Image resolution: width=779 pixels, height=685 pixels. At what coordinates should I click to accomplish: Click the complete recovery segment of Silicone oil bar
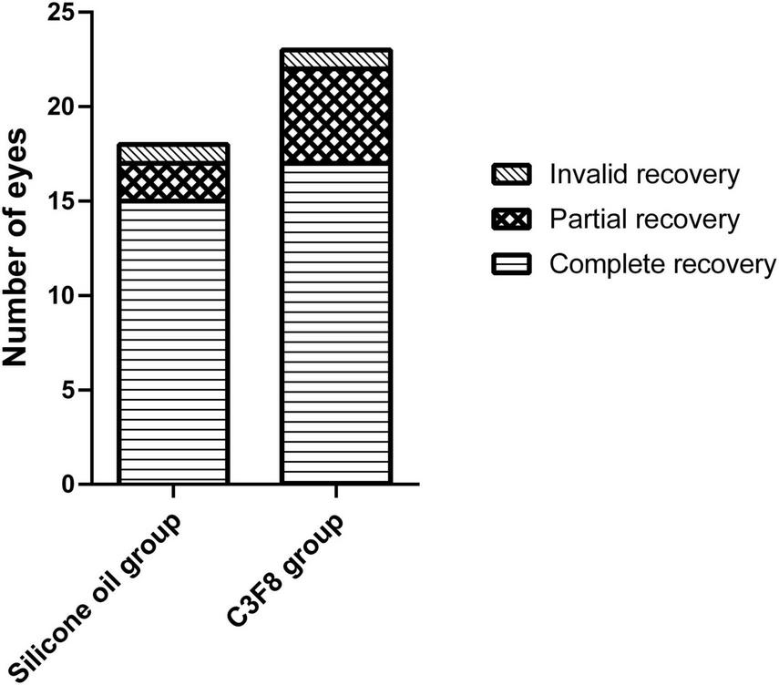point(172,342)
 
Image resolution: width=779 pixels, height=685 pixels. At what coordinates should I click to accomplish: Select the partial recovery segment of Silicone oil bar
point(172,181)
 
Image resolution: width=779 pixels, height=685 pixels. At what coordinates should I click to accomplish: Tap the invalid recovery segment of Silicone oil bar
point(172,153)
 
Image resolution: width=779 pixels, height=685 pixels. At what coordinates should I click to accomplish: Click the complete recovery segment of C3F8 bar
point(336,323)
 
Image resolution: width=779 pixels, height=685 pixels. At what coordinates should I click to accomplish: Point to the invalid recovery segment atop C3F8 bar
point(336,58)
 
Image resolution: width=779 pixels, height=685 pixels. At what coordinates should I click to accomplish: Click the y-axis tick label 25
point(61,13)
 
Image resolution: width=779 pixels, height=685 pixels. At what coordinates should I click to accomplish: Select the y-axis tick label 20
point(61,107)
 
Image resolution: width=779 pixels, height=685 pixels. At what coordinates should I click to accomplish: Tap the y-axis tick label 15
point(61,201)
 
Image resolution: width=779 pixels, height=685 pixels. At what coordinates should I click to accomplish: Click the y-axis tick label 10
point(61,296)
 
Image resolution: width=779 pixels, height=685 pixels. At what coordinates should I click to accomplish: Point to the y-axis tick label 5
point(68,390)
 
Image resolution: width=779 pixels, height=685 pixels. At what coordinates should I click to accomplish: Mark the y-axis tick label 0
point(68,485)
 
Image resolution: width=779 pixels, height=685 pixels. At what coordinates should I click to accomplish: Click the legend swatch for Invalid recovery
point(511,174)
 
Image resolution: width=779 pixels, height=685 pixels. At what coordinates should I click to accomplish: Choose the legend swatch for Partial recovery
point(511,220)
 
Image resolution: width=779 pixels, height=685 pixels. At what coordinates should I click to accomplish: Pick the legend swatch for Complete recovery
point(511,265)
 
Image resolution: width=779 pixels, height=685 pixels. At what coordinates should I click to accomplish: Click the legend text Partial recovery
point(643,220)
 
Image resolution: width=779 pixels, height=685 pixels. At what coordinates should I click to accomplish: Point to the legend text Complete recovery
point(661,265)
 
